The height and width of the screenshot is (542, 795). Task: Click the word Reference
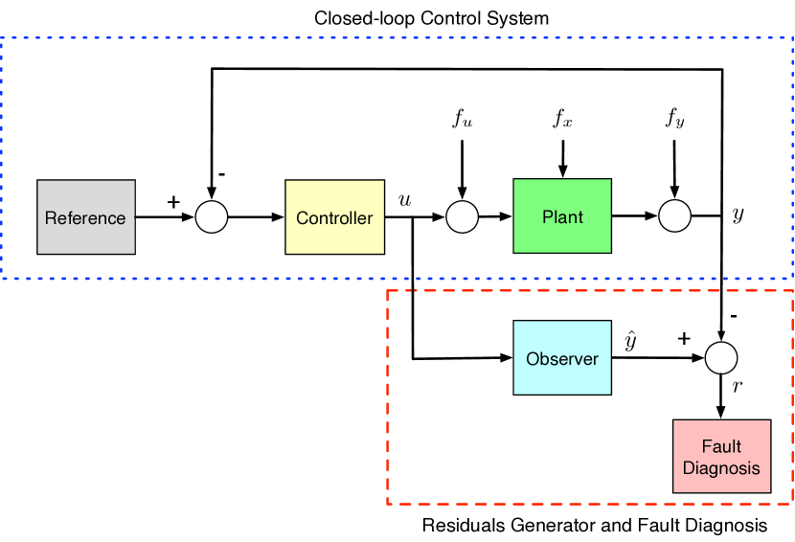tap(85, 218)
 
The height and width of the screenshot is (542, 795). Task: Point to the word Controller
tap(334, 218)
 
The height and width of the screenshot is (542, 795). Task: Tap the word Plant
tap(562, 216)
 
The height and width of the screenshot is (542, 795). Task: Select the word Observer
tap(562, 359)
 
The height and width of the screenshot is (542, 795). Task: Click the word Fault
tap(721, 446)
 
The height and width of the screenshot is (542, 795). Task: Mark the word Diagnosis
tap(721, 468)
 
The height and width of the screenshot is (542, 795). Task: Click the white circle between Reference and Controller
tap(212, 217)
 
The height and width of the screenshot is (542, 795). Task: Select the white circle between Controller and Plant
tap(463, 217)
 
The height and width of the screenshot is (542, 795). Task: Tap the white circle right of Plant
tap(675, 216)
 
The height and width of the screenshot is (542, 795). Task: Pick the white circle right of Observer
tap(721, 358)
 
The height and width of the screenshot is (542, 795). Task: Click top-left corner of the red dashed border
tap(387, 290)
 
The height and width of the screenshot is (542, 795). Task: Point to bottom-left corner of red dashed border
tap(387, 504)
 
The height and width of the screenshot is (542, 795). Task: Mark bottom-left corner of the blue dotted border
tap(2, 276)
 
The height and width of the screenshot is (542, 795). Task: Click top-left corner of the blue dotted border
tap(2, 38)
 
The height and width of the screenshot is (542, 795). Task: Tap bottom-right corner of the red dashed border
tap(793, 504)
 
